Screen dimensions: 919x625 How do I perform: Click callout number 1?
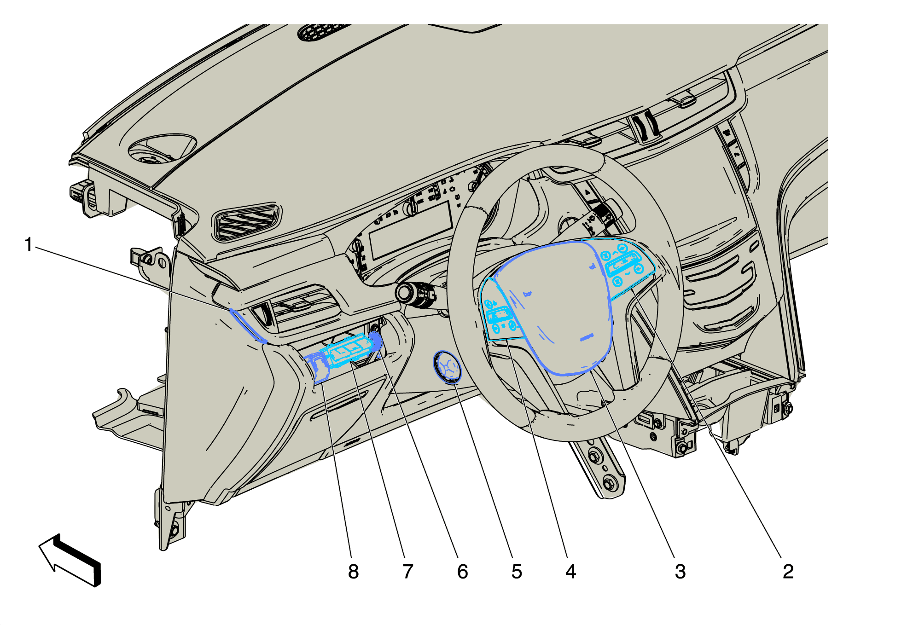pyautogui.click(x=29, y=245)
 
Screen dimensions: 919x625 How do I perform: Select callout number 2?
pyautogui.click(x=788, y=572)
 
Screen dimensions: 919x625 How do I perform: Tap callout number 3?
pyautogui.click(x=680, y=572)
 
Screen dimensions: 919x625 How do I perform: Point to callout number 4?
pyautogui.click(x=571, y=572)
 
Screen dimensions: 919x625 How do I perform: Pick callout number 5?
pyautogui.click(x=517, y=572)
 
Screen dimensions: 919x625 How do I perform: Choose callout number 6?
pyautogui.click(x=462, y=572)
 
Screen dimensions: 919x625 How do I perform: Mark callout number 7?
pyautogui.click(x=408, y=572)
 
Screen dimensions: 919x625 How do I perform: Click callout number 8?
pyautogui.click(x=353, y=572)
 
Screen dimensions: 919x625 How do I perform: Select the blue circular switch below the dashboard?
pyautogui.click(x=447, y=367)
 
